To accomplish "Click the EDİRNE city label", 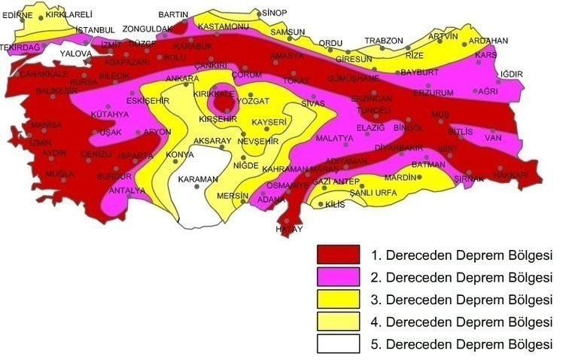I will tap(19, 14).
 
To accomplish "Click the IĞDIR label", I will tap(510, 73).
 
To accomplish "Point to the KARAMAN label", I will tap(198, 178).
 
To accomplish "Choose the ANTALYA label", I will tap(126, 191).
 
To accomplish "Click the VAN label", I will tap(493, 138).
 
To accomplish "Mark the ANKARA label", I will tap(182, 78).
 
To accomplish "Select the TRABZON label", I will tap(384, 41).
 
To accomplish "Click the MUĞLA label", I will tap(60, 173).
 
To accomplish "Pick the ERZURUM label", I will tap(434, 93).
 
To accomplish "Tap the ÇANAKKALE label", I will tap(44, 74).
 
